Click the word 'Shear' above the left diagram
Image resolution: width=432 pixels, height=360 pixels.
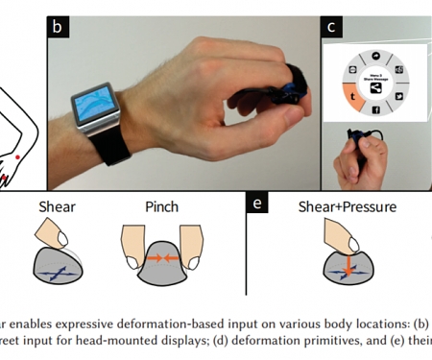57,207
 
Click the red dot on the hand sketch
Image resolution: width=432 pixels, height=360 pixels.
17,156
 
